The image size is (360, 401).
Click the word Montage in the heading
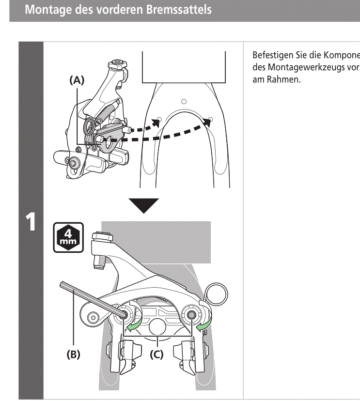click(47, 9)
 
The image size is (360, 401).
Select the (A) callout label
click(77, 81)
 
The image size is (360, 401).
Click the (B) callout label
click(73, 354)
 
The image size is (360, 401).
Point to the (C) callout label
click(156, 354)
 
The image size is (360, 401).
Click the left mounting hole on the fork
click(159, 119)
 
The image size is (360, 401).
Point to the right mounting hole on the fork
click(210, 119)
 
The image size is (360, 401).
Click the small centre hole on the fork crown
click(183, 102)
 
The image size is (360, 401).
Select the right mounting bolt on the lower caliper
click(191, 314)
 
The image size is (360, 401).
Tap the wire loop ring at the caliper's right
click(217, 293)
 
